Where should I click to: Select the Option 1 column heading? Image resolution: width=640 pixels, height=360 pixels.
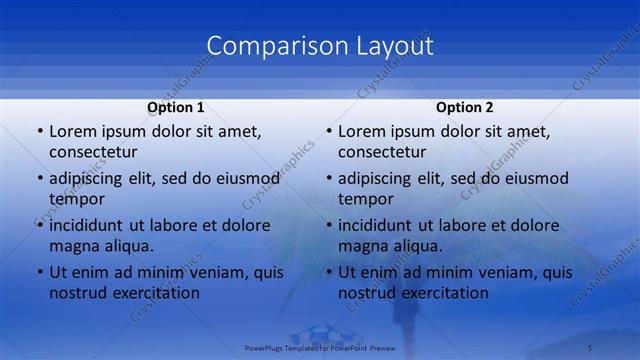click(176, 107)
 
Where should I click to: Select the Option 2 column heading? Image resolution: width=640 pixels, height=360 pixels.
click(465, 107)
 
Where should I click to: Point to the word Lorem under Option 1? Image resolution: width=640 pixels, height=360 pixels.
click(73, 131)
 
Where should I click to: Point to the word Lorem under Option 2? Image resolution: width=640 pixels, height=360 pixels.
click(362, 131)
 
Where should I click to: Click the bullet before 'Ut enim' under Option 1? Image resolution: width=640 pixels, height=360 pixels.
click(39, 272)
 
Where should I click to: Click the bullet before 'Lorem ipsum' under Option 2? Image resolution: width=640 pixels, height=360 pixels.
click(328, 131)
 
